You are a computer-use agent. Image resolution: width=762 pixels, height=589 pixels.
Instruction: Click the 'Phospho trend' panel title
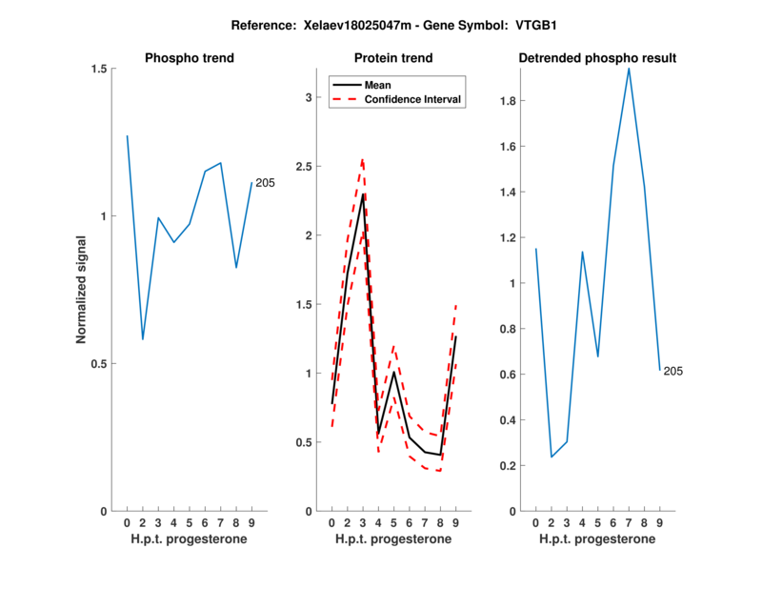(x=189, y=58)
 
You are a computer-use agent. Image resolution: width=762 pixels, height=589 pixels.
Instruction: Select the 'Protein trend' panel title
(x=393, y=58)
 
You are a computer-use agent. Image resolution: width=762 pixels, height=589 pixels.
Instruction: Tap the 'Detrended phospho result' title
(x=597, y=58)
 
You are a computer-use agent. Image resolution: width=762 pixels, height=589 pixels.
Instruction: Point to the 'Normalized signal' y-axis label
(x=82, y=290)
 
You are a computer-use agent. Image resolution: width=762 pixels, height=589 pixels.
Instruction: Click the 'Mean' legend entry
(x=377, y=85)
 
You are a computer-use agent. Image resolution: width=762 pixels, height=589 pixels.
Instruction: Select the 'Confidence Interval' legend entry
(x=413, y=99)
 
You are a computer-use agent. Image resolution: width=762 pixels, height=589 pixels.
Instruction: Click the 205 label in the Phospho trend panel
(x=265, y=183)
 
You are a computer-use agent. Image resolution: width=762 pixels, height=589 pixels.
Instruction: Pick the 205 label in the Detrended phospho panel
(x=673, y=371)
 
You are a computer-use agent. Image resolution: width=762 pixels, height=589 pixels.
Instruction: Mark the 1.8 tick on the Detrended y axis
(x=511, y=100)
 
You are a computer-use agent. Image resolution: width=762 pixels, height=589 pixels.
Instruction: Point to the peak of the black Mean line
(x=363, y=193)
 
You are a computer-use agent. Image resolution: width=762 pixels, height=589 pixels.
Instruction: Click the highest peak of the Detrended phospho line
(x=629, y=68)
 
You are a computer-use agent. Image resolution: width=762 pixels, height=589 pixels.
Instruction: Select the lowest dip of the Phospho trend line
(x=143, y=339)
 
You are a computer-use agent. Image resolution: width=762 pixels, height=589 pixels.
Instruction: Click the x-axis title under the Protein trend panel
(x=393, y=539)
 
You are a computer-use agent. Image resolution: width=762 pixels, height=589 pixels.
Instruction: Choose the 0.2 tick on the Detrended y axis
(x=511, y=465)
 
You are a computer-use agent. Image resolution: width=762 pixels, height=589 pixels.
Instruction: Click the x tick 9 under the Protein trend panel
(x=456, y=522)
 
